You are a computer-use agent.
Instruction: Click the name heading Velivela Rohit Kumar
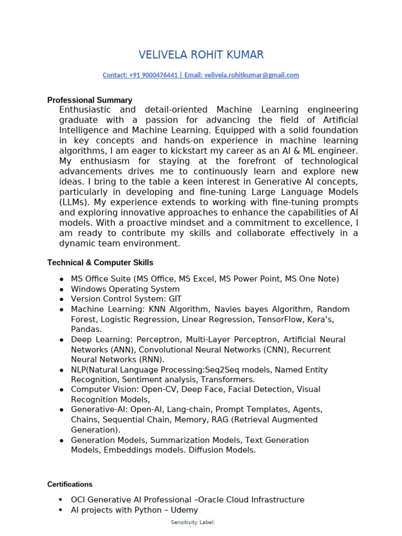click(x=201, y=55)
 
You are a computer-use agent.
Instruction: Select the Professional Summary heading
click(x=90, y=100)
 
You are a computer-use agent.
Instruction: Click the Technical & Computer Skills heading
click(x=100, y=263)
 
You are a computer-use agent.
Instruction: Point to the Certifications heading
click(x=70, y=485)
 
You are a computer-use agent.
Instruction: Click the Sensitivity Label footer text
click(x=193, y=522)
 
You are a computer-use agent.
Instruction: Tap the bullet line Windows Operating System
click(x=125, y=289)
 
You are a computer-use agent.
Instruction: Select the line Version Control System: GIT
click(x=119, y=299)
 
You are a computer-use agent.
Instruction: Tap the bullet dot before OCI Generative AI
click(x=61, y=500)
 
